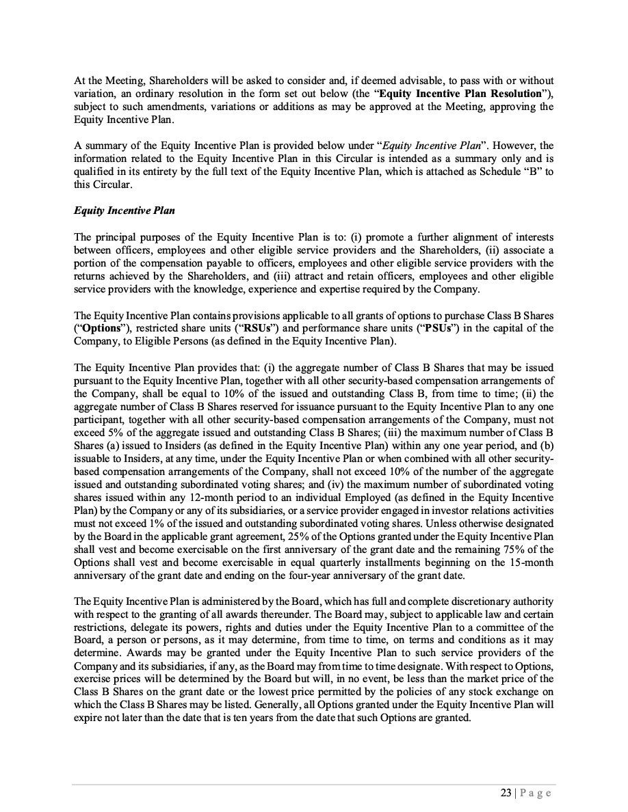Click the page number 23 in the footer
506,793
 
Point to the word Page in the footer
536,793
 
